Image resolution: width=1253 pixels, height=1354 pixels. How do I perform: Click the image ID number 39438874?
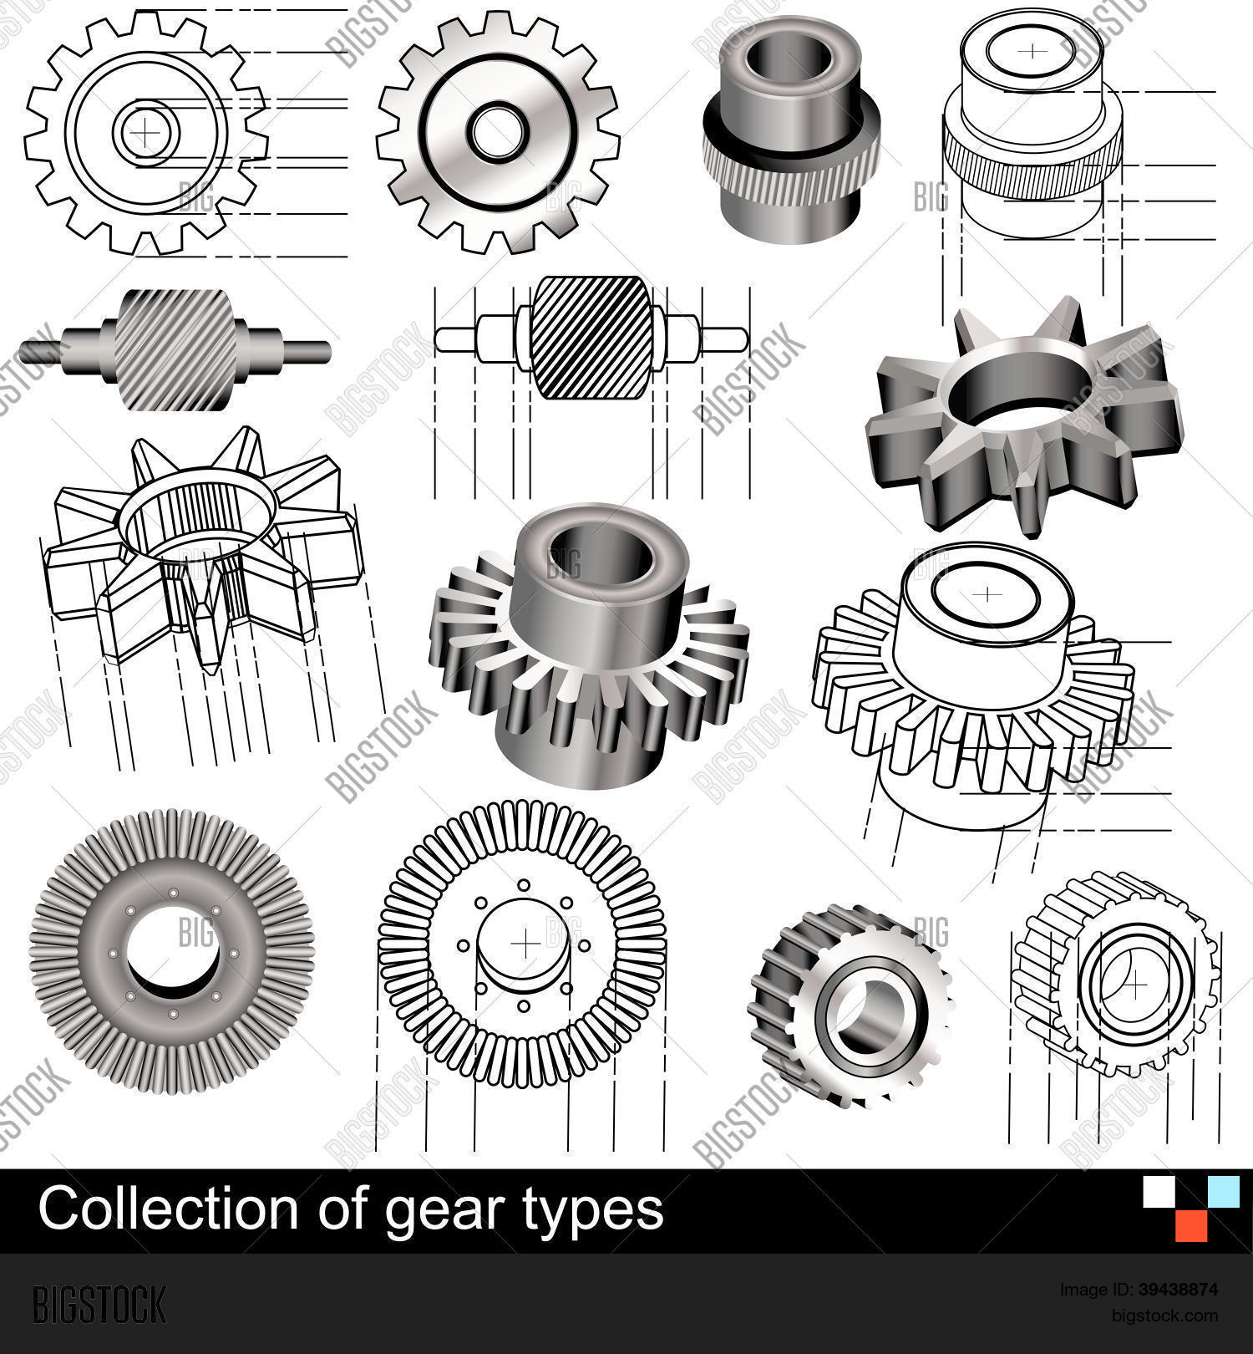tap(1178, 1289)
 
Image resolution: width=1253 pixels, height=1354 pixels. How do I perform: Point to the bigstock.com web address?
tap(1164, 1316)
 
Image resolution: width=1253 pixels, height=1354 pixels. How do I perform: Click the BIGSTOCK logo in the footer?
tap(99, 1303)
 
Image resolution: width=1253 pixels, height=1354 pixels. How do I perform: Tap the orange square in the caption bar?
tap(1192, 1225)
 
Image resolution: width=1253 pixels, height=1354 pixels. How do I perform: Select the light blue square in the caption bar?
tap(1225, 1191)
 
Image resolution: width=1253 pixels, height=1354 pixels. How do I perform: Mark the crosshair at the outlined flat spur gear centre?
tap(145, 132)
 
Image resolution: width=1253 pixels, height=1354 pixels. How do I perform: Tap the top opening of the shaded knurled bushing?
tap(789, 58)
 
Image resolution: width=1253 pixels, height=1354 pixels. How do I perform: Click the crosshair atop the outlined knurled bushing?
tap(1034, 51)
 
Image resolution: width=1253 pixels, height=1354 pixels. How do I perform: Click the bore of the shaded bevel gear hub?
tap(599, 553)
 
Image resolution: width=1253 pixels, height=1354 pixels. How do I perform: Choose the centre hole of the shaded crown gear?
tap(173, 953)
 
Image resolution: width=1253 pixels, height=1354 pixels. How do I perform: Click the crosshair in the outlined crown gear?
tap(525, 944)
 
